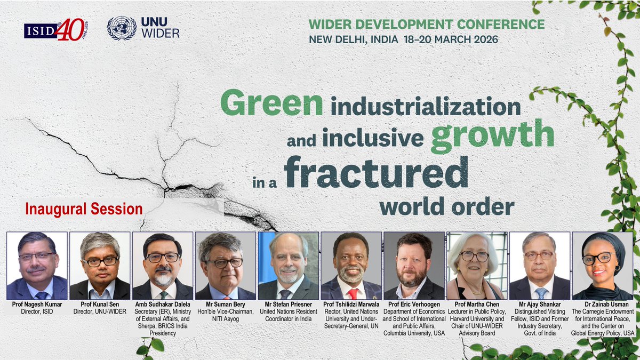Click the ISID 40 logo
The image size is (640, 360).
[x=55, y=29]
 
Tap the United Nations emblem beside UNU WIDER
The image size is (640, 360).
[x=122, y=28]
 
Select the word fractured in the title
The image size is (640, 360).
[x=372, y=171]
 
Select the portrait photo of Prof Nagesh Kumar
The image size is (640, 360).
[x=37, y=265]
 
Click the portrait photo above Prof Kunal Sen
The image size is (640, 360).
[x=100, y=265]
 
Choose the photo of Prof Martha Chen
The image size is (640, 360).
[x=477, y=265]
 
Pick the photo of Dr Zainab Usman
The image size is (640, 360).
[x=603, y=265]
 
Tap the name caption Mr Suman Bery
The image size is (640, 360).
[x=225, y=304]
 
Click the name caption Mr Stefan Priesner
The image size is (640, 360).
[x=289, y=304]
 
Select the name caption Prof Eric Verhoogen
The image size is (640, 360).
[x=414, y=304]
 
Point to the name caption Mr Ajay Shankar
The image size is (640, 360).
[x=540, y=304]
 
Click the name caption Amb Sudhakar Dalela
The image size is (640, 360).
[x=163, y=304]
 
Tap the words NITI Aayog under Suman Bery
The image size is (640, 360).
[x=225, y=319]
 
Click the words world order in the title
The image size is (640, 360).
[x=452, y=206]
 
